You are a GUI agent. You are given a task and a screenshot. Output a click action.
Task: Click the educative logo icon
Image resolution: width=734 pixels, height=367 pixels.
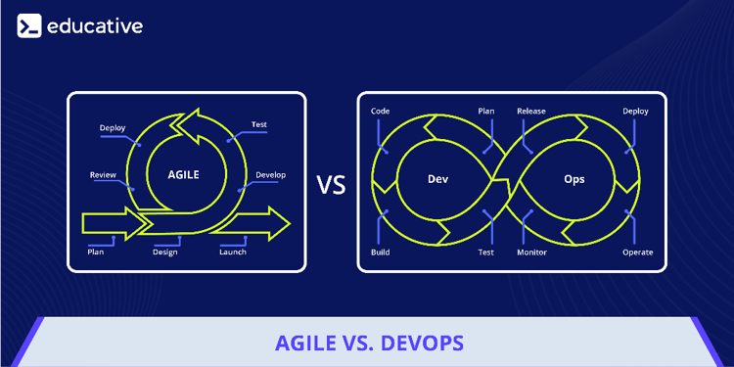click(x=29, y=25)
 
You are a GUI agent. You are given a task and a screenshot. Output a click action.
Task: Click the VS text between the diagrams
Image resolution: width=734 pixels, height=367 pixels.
click(x=332, y=183)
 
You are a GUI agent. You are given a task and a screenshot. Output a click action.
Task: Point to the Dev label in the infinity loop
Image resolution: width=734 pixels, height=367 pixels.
click(x=437, y=180)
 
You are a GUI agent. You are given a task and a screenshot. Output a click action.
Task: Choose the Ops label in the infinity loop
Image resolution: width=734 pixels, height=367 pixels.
click(x=574, y=180)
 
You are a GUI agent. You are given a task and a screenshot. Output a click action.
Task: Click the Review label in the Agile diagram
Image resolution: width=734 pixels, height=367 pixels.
click(x=103, y=175)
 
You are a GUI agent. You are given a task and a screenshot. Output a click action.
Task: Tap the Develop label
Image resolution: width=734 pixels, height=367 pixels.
click(x=270, y=175)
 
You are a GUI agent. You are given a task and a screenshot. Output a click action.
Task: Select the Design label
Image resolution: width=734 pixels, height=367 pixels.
click(x=164, y=252)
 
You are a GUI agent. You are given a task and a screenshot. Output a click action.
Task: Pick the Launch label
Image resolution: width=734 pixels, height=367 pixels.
click(x=233, y=252)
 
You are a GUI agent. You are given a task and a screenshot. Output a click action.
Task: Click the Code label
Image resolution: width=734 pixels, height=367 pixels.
click(x=380, y=112)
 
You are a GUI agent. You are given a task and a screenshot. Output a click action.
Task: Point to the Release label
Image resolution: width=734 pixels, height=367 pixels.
click(x=531, y=112)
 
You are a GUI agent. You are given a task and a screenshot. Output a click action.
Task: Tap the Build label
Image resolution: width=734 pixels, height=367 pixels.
click(x=380, y=252)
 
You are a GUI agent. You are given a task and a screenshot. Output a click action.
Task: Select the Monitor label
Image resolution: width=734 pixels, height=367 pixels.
click(x=531, y=252)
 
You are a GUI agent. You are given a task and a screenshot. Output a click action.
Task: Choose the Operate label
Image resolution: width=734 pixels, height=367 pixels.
click(x=637, y=252)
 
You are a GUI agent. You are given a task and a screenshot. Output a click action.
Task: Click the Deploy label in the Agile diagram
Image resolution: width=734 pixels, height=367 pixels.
click(x=113, y=128)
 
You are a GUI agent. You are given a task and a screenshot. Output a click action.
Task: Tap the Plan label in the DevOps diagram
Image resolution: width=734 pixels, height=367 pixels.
click(x=485, y=112)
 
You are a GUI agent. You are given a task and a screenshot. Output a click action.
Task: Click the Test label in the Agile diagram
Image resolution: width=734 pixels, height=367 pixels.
click(x=259, y=125)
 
